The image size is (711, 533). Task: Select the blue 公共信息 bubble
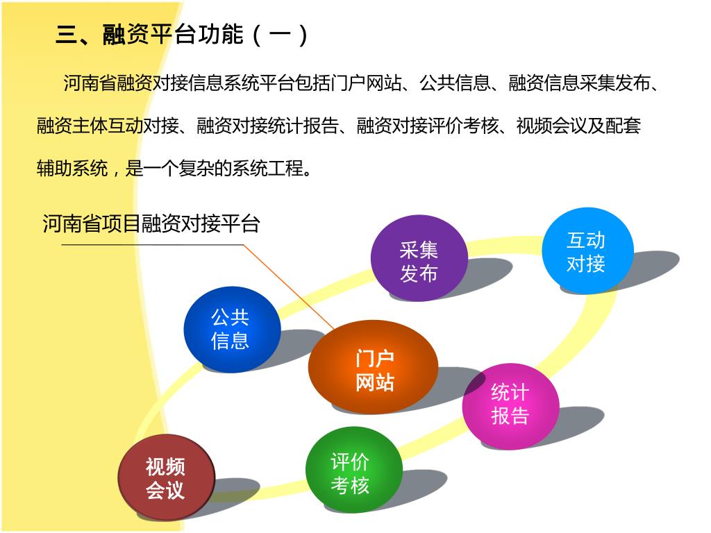(x=231, y=329)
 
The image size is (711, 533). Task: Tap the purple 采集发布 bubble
(x=419, y=258)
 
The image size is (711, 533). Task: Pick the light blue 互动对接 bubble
(x=587, y=251)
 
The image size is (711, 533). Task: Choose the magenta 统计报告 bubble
(x=510, y=405)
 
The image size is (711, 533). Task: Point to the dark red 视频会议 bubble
(x=166, y=477)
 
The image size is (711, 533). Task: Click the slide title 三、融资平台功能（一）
(x=182, y=35)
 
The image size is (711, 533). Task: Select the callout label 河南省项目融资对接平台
(x=151, y=223)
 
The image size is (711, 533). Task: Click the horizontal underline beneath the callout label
(x=153, y=245)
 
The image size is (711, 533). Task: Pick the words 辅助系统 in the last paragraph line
(x=72, y=168)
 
